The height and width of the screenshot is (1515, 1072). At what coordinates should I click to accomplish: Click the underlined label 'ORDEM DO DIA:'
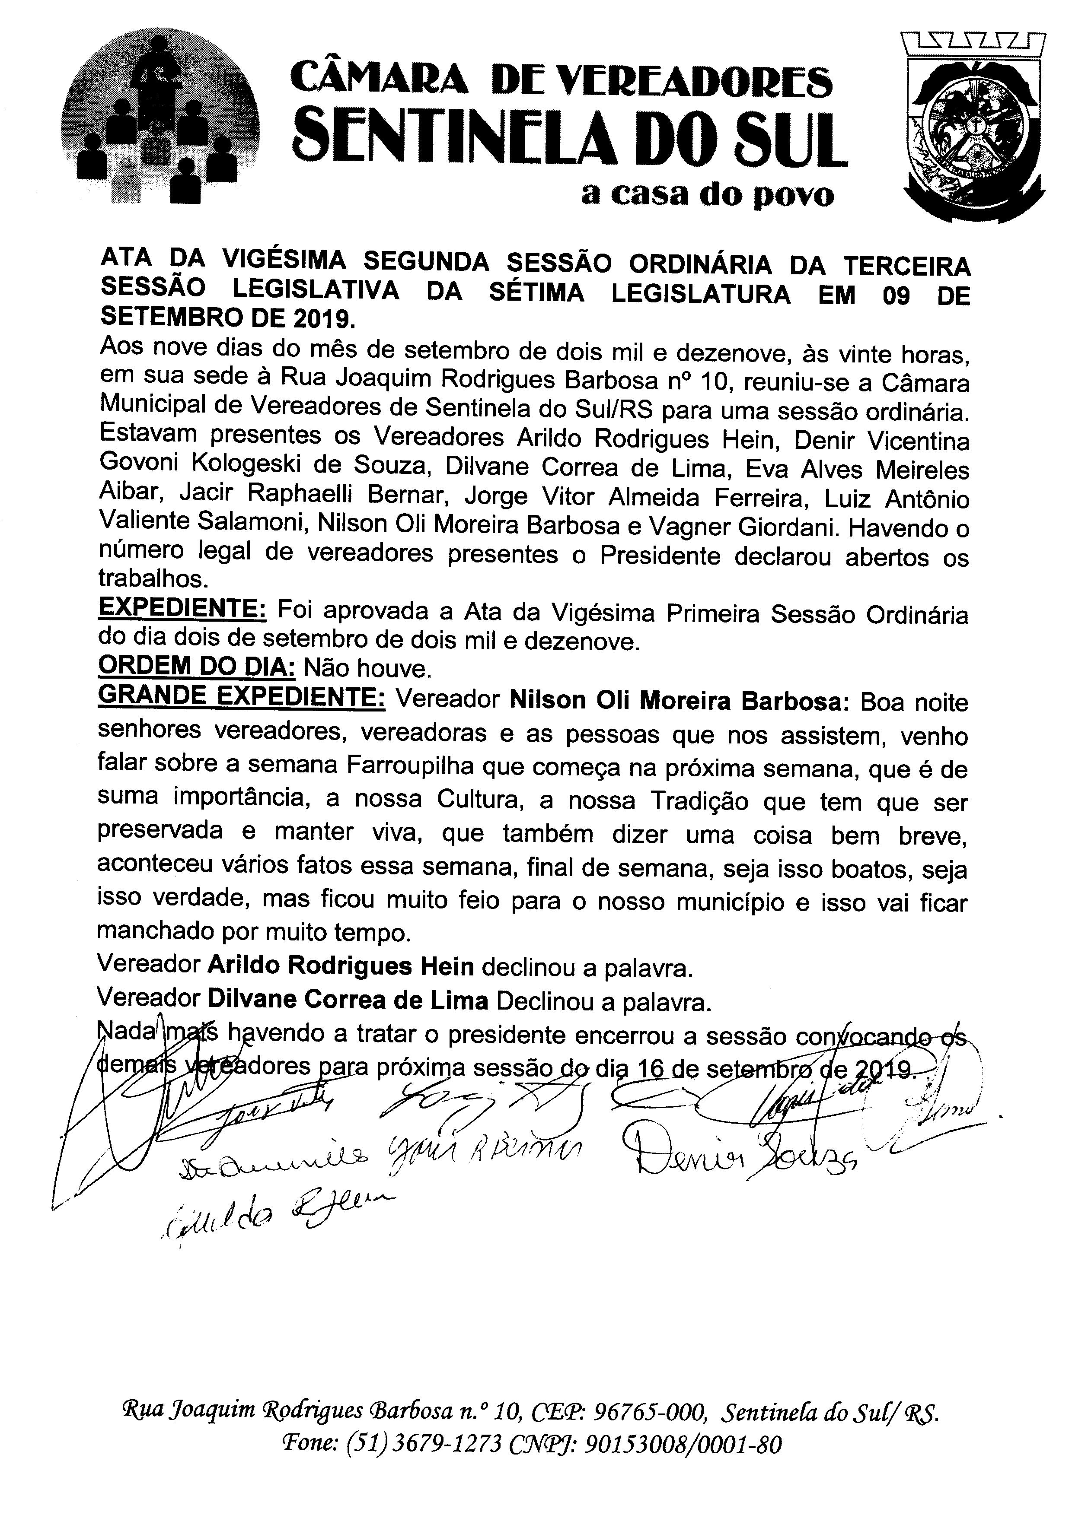[x=196, y=668]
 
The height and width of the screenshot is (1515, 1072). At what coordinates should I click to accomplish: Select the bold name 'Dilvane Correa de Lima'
[x=348, y=1001]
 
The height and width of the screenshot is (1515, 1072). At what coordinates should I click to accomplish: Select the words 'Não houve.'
[x=367, y=669]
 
